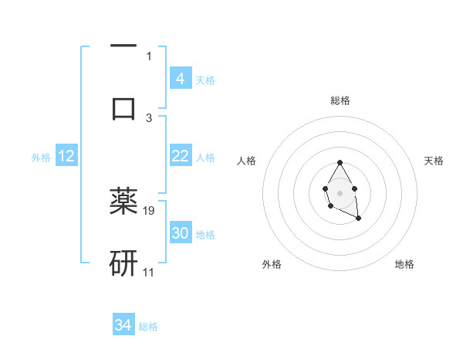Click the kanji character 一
pos(123,46)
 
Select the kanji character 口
pos(123,107)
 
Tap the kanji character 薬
pos(123,201)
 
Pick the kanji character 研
pos(123,263)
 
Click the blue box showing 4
pos(180,79)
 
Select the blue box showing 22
pos(180,156)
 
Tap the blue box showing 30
pos(180,233)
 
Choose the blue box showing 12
pos(66,156)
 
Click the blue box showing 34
pos(123,325)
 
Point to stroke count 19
pos(150,210)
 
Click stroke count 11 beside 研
pos(149,272)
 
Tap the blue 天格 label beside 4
pos(205,80)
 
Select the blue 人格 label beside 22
pos(205,157)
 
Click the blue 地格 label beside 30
pos(205,234)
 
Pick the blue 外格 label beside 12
pos(41,157)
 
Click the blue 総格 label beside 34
pos(148,326)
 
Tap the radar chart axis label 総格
pos(340,100)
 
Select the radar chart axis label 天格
pos(434,161)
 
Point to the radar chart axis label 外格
pos(272,264)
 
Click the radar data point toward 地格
pos(359,219)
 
